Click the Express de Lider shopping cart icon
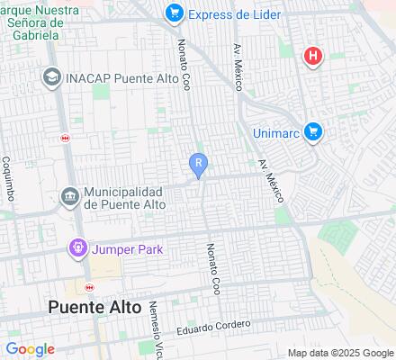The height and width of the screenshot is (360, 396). (175, 13)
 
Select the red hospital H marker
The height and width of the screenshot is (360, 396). (312, 57)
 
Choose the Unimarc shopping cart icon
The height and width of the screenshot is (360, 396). (313, 131)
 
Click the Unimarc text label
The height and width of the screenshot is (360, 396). (274, 131)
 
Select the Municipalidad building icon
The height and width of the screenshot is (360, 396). (68, 196)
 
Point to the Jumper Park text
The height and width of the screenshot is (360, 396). (126, 248)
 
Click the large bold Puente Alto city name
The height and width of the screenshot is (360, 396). (94, 307)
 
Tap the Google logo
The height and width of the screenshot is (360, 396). (30, 349)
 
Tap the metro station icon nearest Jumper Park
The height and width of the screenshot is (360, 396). (87, 288)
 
